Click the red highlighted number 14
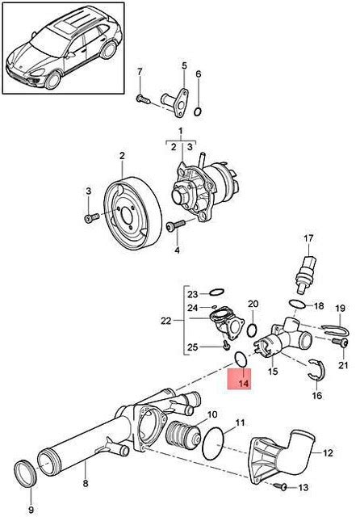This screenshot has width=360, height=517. pyautogui.click(x=244, y=384)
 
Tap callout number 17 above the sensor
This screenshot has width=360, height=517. pyautogui.click(x=308, y=237)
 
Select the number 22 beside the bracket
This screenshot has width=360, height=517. pyautogui.click(x=166, y=320)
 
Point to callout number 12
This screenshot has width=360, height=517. pyautogui.click(x=329, y=452)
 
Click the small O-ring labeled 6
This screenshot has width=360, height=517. pyautogui.click(x=198, y=111)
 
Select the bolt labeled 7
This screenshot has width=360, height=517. pyautogui.click(x=143, y=98)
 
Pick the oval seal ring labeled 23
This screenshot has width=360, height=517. pyautogui.click(x=217, y=292)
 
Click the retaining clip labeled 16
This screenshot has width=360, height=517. pyautogui.click(x=317, y=371)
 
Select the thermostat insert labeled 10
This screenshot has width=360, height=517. pyautogui.click(x=184, y=437)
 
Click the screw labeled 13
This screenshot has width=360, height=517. pyautogui.click(x=281, y=485)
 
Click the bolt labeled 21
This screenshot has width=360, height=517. pyautogui.click(x=341, y=343)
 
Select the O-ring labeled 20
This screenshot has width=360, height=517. pyautogui.click(x=252, y=330)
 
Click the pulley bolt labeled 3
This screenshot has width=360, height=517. pyautogui.click(x=91, y=217)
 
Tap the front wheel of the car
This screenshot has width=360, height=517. pyautogui.click(x=53, y=79)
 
